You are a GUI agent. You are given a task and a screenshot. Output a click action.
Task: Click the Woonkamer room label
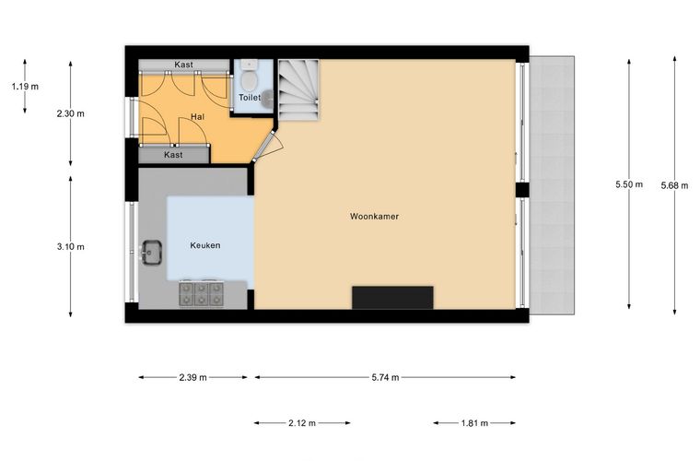tap(374, 216)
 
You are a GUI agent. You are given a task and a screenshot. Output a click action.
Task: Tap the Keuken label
tap(204, 245)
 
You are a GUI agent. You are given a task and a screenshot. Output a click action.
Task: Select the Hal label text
tap(197, 116)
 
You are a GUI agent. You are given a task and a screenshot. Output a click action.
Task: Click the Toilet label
tap(249, 97)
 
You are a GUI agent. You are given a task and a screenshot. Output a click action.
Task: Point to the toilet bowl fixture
tap(249, 77)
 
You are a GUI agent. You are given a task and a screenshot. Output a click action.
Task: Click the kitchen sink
tap(151, 254)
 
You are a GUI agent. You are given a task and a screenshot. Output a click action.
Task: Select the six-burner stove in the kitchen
tap(202, 294)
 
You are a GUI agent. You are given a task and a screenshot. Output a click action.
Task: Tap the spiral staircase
tap(298, 90)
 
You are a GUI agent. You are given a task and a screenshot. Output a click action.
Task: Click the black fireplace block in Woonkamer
tap(392, 298)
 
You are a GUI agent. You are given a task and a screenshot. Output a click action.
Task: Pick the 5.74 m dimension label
tap(385, 377)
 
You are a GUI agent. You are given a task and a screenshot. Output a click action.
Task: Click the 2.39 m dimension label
tap(192, 377)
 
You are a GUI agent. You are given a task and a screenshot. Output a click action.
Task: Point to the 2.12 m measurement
tap(302, 423)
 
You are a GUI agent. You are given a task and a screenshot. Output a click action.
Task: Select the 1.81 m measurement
tap(474, 423)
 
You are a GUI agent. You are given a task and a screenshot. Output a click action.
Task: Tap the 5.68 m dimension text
tap(674, 185)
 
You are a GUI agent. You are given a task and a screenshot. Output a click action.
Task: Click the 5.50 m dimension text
tap(629, 184)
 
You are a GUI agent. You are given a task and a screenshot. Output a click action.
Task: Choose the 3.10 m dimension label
tap(71, 246)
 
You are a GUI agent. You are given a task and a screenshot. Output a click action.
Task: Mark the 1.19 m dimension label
tap(25, 87)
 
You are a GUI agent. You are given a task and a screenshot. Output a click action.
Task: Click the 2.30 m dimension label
tap(71, 113)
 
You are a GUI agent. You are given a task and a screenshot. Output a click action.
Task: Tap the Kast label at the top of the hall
tap(183, 65)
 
